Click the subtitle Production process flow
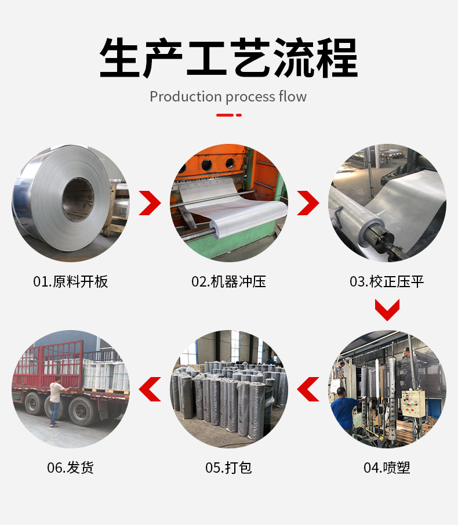point(228,96)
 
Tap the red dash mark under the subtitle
point(228,115)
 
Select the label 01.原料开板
point(70,282)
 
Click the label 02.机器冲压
point(228,282)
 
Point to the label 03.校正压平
point(387,282)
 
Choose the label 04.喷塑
point(387,468)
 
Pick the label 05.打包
point(228,468)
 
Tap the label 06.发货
point(70,468)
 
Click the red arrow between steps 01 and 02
point(150,202)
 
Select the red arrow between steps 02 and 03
point(308,202)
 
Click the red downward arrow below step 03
point(387,310)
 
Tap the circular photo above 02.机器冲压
point(228,202)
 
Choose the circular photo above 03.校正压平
point(387,202)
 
